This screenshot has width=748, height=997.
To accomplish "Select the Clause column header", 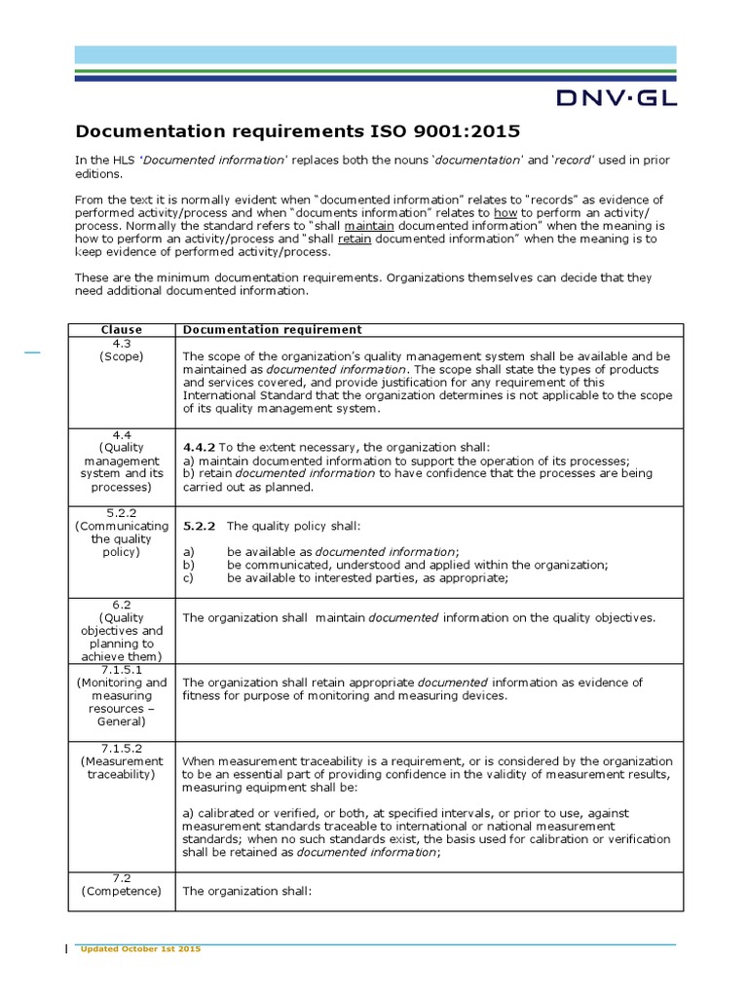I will (121, 329).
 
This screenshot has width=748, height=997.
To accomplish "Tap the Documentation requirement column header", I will (272, 329).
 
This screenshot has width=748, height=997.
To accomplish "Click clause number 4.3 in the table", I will (121, 343).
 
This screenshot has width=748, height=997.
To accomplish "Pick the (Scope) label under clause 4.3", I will (121, 356).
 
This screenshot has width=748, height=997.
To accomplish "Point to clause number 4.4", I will (121, 433).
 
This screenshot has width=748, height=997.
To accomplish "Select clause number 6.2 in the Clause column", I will (121, 604).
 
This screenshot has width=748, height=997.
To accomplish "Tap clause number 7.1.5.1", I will (121, 669).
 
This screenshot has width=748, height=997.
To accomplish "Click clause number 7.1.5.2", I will (121, 747).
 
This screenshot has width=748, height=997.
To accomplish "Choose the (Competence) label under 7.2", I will (121, 890).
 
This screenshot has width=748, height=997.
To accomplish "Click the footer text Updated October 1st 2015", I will (140, 948).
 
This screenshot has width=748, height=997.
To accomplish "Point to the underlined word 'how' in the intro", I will (505, 213).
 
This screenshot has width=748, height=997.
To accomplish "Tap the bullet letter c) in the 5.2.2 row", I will (189, 577).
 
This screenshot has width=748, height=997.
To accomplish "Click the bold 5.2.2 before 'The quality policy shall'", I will (200, 526).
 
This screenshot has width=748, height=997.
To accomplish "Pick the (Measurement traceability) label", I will (121, 767).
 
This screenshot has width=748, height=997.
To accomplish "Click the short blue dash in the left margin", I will (32, 352).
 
